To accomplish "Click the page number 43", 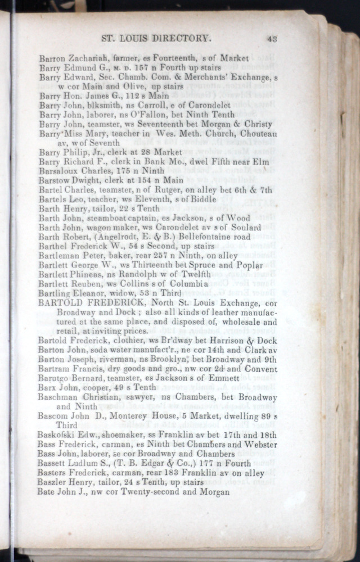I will (273, 39).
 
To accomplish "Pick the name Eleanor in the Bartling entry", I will (92, 293).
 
